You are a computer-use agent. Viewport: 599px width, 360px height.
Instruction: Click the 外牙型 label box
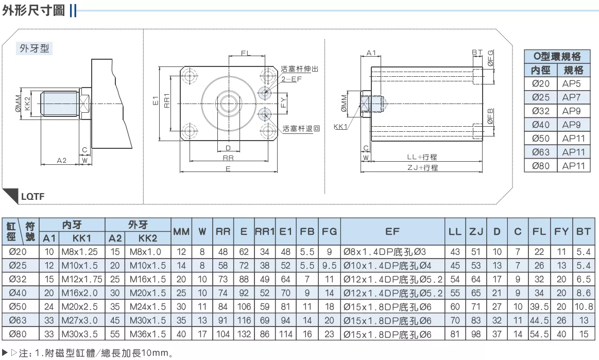pyautogui.click(x=34, y=48)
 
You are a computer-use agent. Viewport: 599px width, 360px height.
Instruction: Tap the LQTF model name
pyautogui.click(x=32, y=196)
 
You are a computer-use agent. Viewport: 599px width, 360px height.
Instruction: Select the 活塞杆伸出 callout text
pyautogui.click(x=300, y=69)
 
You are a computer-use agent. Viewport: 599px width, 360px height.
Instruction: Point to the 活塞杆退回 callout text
pyautogui.click(x=301, y=129)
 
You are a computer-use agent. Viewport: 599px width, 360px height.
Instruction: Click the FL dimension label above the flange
pyautogui.click(x=246, y=53)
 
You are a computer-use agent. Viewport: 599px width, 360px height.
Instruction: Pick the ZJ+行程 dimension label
pyautogui.click(x=422, y=168)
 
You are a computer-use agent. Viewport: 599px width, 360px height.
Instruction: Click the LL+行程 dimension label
pyautogui.click(x=422, y=157)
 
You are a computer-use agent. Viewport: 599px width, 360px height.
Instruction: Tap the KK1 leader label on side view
pyautogui.click(x=340, y=127)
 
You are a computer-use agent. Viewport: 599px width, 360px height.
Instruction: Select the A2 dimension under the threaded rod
pyautogui.click(x=61, y=161)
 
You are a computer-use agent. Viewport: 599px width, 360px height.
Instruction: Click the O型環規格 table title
pyautogui.click(x=557, y=57)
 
